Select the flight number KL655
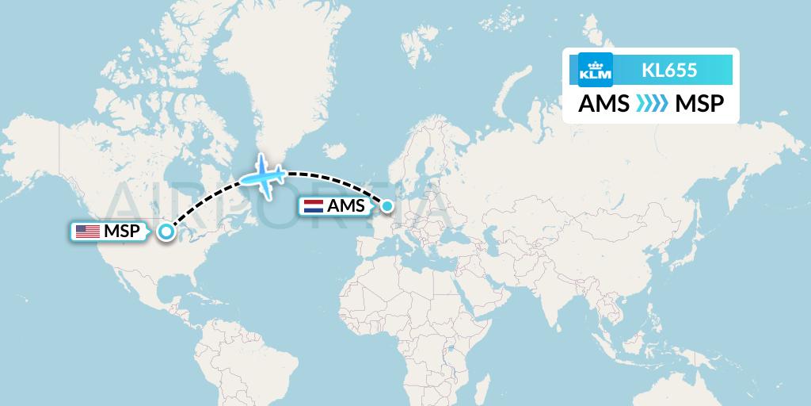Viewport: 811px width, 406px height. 669,70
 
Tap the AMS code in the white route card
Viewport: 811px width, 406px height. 604,104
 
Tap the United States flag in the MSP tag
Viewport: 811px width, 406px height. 86,232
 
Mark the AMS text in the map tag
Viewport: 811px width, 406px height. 349,206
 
